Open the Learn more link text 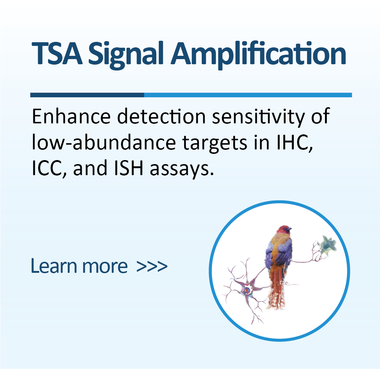click(x=79, y=266)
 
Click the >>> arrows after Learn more click(x=152, y=266)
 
